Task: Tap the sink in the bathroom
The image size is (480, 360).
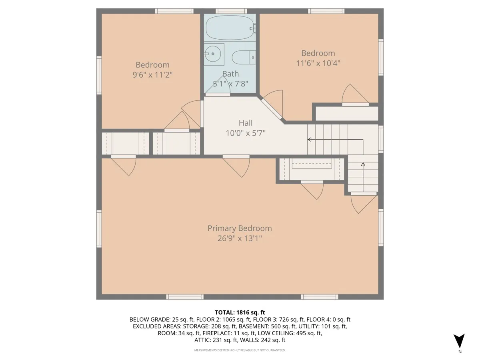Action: pos(214,54)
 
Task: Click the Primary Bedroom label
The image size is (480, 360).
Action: pos(240,228)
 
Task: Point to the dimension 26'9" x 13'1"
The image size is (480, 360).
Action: pos(240,238)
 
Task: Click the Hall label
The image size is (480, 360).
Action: pos(246,123)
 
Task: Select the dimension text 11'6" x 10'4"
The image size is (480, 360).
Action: pos(318,63)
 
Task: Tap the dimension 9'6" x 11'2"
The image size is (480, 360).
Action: pos(152,74)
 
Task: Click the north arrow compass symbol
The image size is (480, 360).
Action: pos(460,341)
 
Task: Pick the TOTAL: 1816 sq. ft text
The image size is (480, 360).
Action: pos(240,312)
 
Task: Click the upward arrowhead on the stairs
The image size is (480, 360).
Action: pos(363,164)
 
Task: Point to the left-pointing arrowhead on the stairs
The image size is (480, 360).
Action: pos(309,140)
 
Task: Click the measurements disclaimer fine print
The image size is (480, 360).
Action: pos(240,350)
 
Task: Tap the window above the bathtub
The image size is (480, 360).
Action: pos(231,11)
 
